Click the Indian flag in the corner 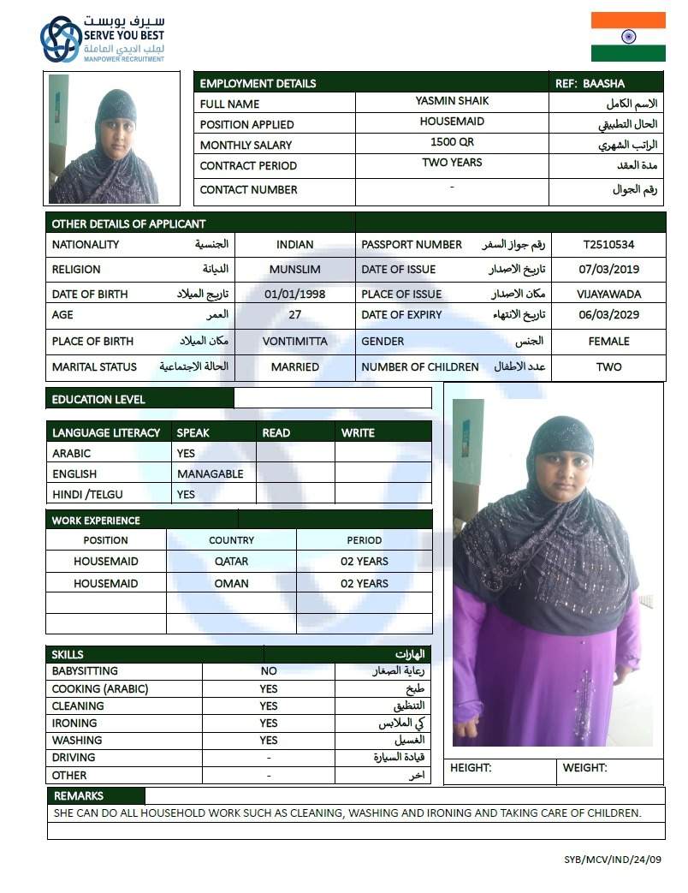pyautogui.click(x=627, y=37)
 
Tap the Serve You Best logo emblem pyautogui.click(x=61, y=39)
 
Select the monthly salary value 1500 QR pyautogui.click(x=452, y=142)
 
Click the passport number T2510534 pyautogui.click(x=608, y=245)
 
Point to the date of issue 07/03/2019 pyautogui.click(x=608, y=270)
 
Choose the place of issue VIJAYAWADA pyautogui.click(x=608, y=294)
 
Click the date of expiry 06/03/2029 pyautogui.click(x=608, y=315)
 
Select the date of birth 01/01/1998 pyautogui.click(x=294, y=294)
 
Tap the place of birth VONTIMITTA pyautogui.click(x=294, y=341)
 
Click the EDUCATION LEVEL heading pyautogui.click(x=98, y=399)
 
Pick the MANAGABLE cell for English pyautogui.click(x=210, y=473)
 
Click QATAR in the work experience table pyautogui.click(x=231, y=562)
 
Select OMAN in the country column pyautogui.click(x=231, y=583)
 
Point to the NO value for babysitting pyautogui.click(x=269, y=671)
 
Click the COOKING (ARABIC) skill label pyautogui.click(x=100, y=688)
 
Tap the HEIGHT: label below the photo pyautogui.click(x=471, y=768)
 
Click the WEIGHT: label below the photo pyautogui.click(x=584, y=768)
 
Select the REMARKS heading pyautogui.click(x=79, y=795)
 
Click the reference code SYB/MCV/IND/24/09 pyautogui.click(x=613, y=859)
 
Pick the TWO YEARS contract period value pyautogui.click(x=452, y=163)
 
